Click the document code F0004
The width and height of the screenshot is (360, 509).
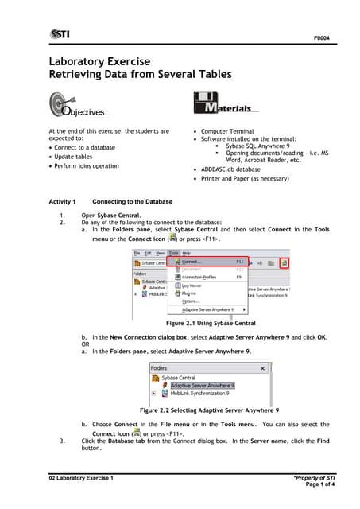pyautogui.click(x=321, y=37)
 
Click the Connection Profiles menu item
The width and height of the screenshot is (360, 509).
pyautogui.click(x=199, y=277)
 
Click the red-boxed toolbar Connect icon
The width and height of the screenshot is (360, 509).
pyautogui.click(x=284, y=262)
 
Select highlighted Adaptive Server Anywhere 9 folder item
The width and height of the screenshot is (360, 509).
pyautogui.click(x=202, y=385)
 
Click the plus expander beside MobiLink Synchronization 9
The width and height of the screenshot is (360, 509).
pyautogui.click(x=153, y=393)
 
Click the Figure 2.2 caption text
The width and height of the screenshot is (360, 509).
pyautogui.click(x=209, y=410)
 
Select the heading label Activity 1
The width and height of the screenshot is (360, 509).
pyautogui.click(x=62, y=202)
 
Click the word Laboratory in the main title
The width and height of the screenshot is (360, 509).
pyautogui.click(x=83, y=60)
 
